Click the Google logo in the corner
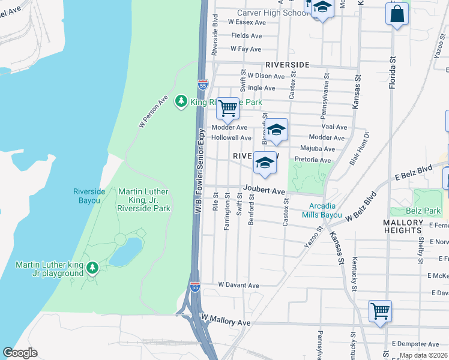point(20,353)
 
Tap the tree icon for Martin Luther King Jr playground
point(92,267)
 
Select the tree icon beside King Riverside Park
point(181,102)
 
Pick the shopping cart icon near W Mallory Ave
point(380,311)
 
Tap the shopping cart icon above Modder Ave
point(228,109)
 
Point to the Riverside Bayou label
point(89,196)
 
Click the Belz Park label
point(423,211)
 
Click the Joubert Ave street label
point(264,190)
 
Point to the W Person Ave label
point(153,112)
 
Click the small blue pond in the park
point(125,252)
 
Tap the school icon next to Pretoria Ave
point(265,163)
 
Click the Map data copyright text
point(423,355)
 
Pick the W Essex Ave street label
point(247,22)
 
